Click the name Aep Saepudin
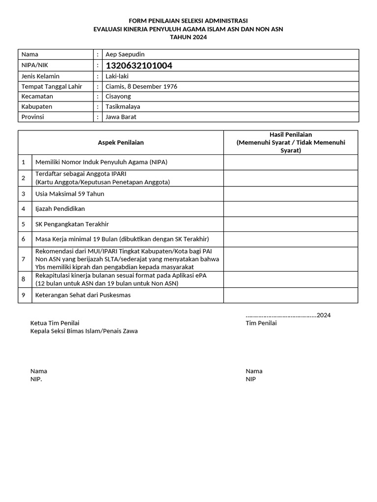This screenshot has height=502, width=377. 125,54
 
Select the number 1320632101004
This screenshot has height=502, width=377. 139,66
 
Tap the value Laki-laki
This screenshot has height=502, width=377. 117,76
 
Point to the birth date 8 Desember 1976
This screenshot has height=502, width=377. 152,86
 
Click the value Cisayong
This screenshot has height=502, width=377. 118,97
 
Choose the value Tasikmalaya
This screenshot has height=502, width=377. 123,106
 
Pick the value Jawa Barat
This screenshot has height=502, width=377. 121,117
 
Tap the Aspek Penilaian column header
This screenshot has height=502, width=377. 121,143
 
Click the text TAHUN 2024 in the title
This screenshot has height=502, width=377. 188,37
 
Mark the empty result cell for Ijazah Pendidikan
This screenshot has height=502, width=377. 291,209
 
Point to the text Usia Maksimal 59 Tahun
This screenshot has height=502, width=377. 70,194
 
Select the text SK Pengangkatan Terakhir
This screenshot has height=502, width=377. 72,224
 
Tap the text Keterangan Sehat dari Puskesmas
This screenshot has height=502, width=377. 83,295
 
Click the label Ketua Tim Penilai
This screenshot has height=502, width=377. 55,323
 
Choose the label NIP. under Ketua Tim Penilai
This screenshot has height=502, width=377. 36,379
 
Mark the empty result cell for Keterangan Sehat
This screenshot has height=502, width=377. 291,295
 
